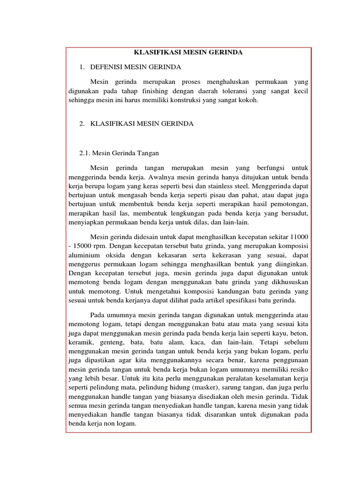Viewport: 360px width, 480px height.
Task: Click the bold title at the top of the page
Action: (188, 52)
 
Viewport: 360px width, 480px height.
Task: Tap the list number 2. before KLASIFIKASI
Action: (82, 123)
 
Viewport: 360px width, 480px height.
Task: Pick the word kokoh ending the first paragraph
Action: (248, 100)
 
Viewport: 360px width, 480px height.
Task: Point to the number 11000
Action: (299, 237)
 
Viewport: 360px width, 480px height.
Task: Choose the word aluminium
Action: (82, 255)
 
